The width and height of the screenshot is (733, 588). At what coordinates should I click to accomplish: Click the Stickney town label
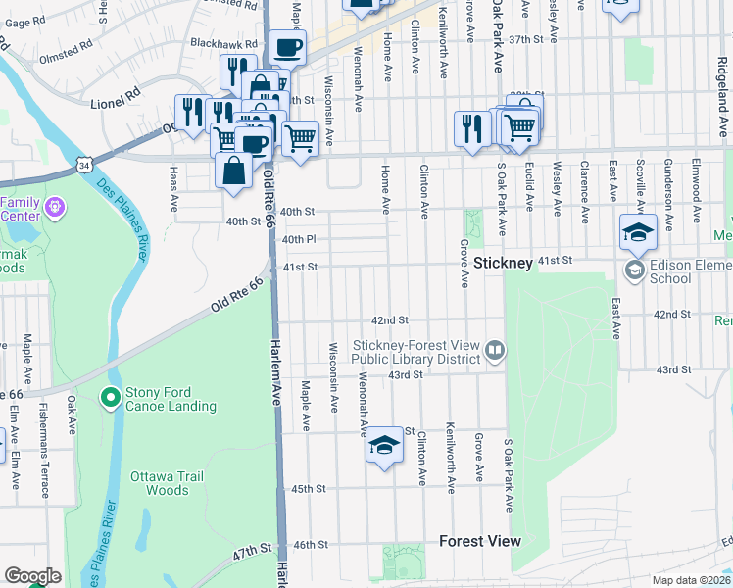click(502, 263)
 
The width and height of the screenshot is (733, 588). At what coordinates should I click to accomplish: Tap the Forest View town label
click(479, 541)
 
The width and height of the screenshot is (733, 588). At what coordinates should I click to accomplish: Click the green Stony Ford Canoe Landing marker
click(110, 398)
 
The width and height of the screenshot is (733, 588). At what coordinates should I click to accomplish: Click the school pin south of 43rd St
click(384, 447)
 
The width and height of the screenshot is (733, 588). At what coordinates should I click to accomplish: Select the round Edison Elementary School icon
click(634, 269)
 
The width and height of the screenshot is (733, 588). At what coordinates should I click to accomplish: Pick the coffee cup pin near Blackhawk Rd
click(287, 47)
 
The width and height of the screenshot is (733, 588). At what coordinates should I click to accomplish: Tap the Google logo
click(32, 576)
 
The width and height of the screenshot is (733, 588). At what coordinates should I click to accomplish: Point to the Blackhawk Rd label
click(223, 44)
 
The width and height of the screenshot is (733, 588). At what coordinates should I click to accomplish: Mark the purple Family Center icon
click(54, 208)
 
